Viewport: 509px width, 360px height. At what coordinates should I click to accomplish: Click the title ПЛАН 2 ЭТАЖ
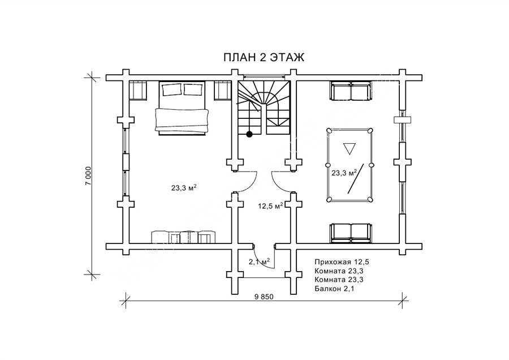click(264, 58)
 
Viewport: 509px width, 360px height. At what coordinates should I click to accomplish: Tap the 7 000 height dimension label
click(88, 176)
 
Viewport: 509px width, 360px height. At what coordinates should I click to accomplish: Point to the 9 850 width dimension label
click(264, 296)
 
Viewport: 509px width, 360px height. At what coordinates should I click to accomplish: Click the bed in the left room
click(182, 108)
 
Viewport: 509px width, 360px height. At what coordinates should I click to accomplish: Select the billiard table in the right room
click(350, 165)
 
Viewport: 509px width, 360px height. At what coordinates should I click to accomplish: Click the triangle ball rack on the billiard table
click(350, 148)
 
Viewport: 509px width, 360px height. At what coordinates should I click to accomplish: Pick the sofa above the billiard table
click(351, 91)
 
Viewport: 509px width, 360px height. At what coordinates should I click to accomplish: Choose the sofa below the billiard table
click(351, 233)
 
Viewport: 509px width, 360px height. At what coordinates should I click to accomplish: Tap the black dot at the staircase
click(249, 134)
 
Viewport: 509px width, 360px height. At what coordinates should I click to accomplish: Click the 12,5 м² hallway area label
click(270, 205)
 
